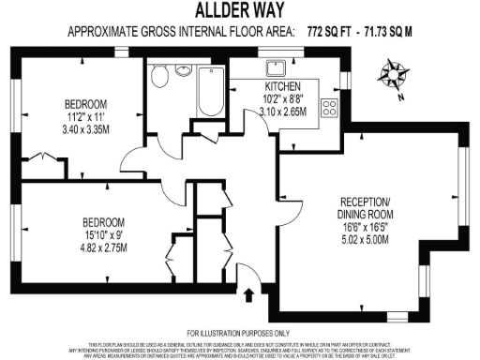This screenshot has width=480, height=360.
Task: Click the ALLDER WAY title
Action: [240, 11]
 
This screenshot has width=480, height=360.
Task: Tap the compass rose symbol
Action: [393, 72]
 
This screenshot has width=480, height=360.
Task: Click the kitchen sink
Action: [277, 67]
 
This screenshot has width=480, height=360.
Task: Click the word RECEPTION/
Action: [363, 202]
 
